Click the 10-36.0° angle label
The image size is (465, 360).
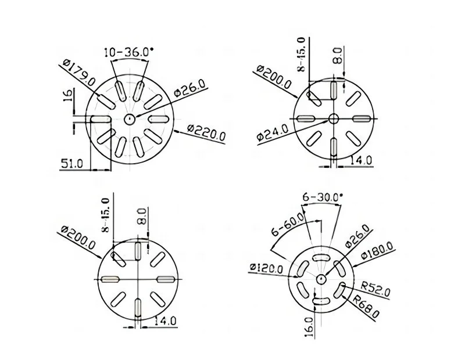[129, 52]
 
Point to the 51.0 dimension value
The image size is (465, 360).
[73, 164]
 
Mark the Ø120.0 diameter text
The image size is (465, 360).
[266, 268]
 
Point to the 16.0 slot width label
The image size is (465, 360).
[308, 326]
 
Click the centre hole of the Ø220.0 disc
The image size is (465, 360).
[129, 118]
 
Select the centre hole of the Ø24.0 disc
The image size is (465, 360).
[334, 119]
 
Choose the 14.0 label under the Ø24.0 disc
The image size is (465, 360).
[360, 160]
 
